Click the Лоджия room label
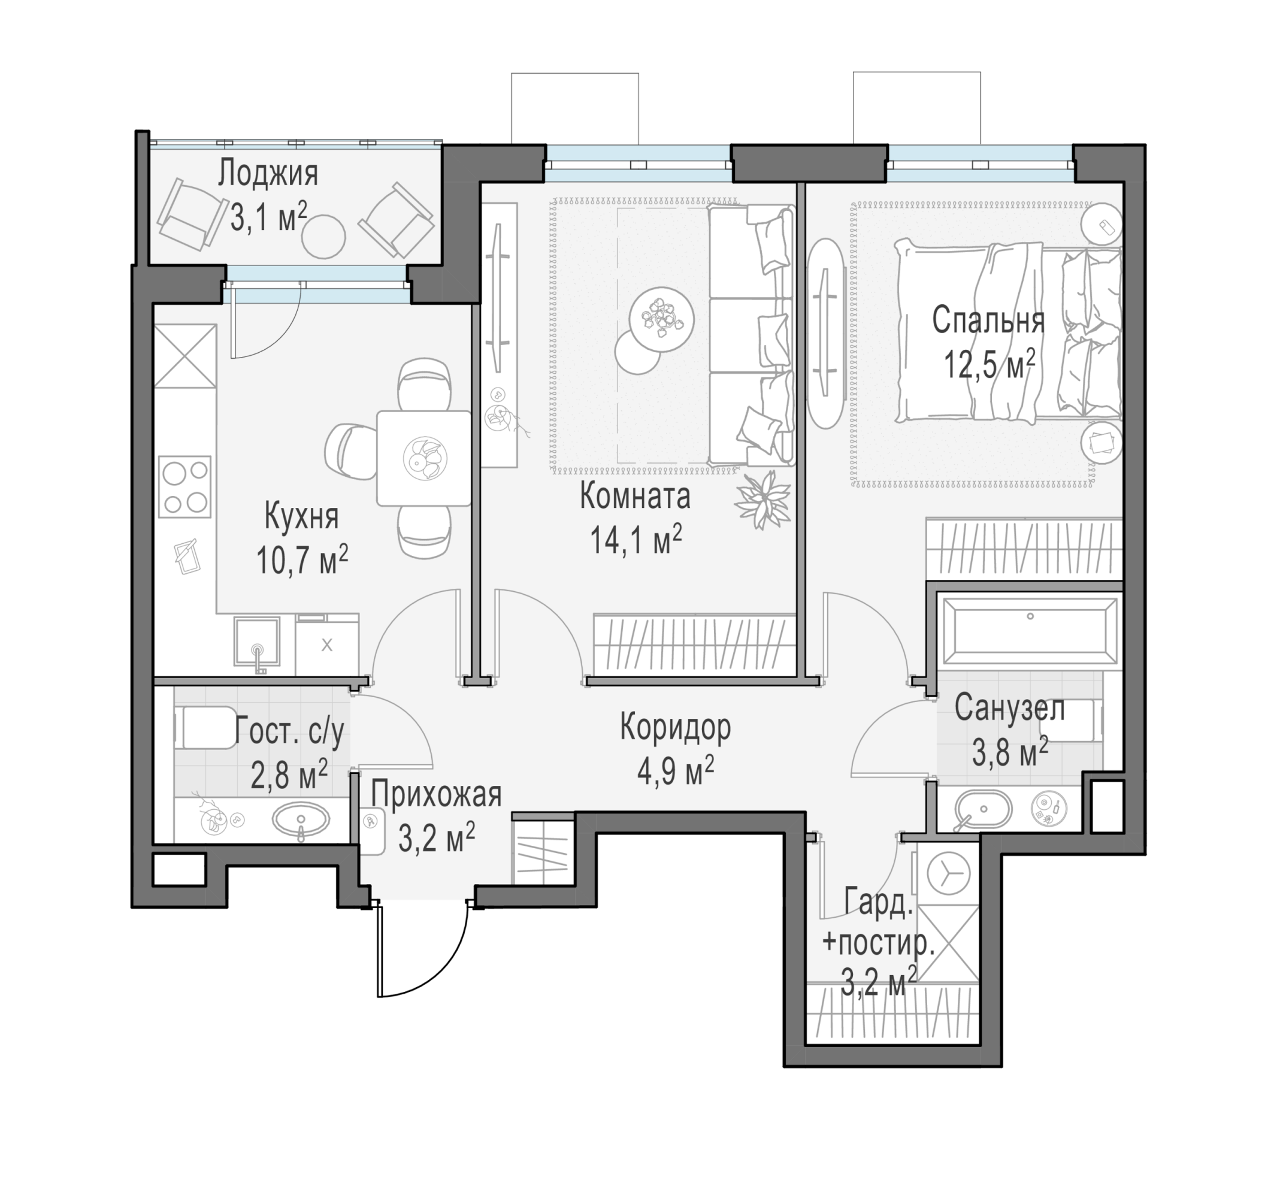(268, 174)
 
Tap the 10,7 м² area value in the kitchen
(302, 559)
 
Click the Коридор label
(675, 727)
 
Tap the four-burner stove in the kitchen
(185, 486)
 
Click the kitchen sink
(257, 642)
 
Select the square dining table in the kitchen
(423, 458)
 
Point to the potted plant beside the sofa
(763, 499)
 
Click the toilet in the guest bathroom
(204, 728)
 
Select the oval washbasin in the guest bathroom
(301, 819)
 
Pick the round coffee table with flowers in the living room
(662, 319)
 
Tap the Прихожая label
(436, 795)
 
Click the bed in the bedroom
(1009, 331)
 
